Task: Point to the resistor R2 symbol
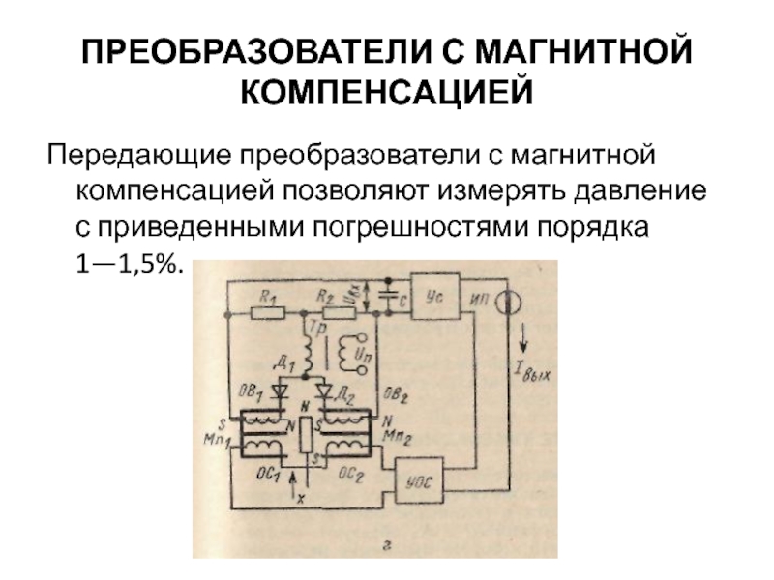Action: pos(338,311)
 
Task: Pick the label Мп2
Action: pos(392,435)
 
